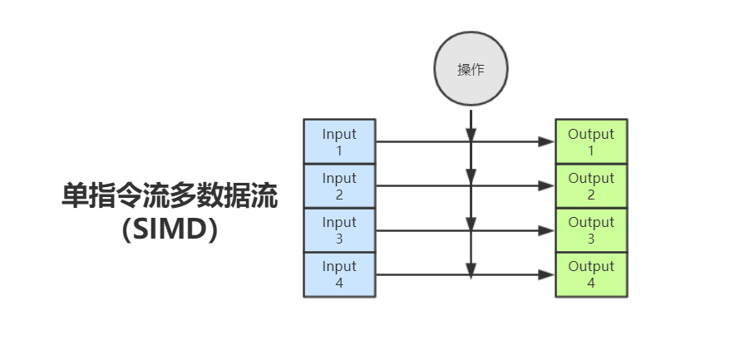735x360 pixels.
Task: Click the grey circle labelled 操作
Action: click(471, 70)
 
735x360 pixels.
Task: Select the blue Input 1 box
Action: click(339, 142)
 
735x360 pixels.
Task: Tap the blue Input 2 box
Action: click(339, 186)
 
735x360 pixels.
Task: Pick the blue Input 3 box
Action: click(339, 230)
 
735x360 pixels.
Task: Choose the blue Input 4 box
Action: click(339, 274)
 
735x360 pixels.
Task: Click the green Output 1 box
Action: click(591, 142)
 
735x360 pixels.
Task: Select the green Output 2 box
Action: click(591, 186)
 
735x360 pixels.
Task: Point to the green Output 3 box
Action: click(591, 230)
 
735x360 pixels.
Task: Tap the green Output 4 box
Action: click(591, 274)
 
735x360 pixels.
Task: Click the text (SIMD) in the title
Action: click(170, 229)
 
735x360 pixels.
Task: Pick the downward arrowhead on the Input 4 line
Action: click(471, 269)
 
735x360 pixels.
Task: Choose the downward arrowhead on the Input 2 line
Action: click(471, 177)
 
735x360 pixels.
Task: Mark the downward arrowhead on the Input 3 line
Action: click(471, 223)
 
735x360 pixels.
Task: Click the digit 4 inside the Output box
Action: click(591, 283)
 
